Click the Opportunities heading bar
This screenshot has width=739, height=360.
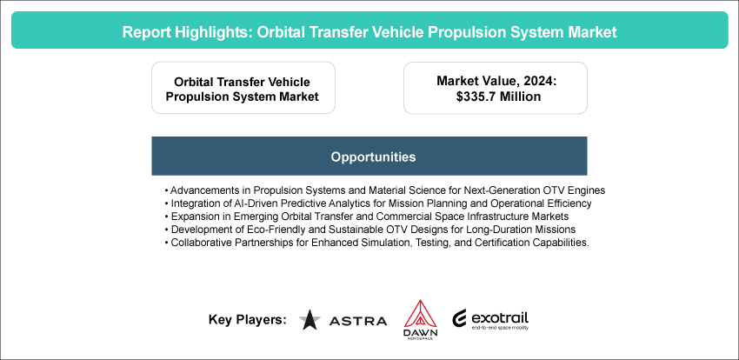(x=369, y=156)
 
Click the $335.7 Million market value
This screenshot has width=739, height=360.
(x=496, y=97)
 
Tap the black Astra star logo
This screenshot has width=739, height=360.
(x=310, y=319)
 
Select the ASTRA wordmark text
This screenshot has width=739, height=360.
(x=358, y=321)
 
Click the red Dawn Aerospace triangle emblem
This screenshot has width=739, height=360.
(x=421, y=313)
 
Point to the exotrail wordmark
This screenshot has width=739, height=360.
(x=500, y=318)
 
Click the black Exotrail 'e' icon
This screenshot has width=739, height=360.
(x=460, y=318)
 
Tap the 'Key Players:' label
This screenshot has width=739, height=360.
(x=248, y=320)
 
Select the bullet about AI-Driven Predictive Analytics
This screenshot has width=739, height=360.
(x=378, y=204)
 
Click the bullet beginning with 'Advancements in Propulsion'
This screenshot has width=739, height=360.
(x=385, y=190)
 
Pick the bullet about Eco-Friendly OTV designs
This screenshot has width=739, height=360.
(x=370, y=230)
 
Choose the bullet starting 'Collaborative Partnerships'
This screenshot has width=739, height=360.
(x=377, y=243)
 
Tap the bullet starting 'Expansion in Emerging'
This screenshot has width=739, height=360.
(x=367, y=217)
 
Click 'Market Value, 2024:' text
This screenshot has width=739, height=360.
(x=496, y=81)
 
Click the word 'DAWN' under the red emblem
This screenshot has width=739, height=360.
(x=421, y=333)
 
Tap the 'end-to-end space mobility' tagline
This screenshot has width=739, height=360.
(x=500, y=328)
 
